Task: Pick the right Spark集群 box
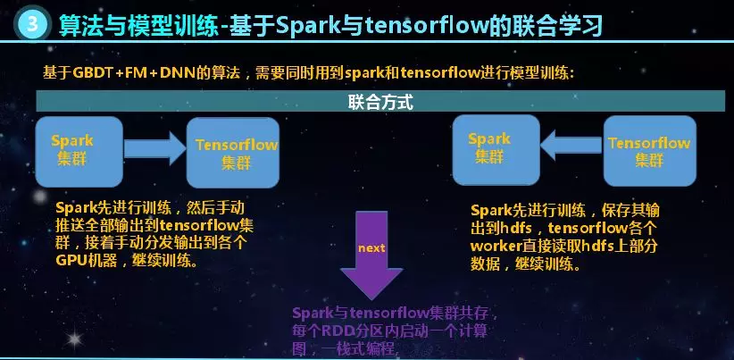pos(489,148)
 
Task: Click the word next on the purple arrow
pos(371,247)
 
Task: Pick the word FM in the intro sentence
pos(137,73)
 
